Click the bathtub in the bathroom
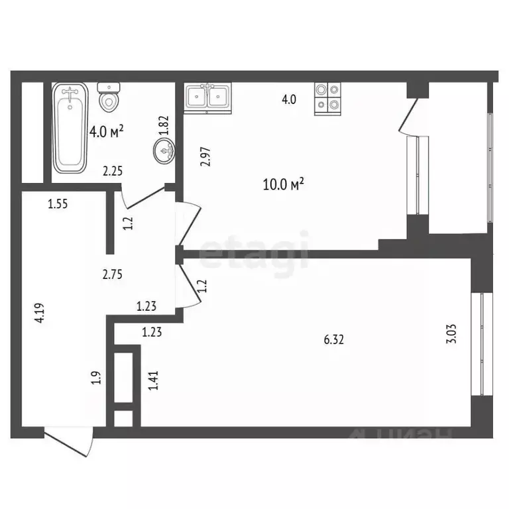click(x=70, y=128)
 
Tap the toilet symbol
click(x=109, y=97)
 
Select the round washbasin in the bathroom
click(x=164, y=150)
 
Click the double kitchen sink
click(x=207, y=97)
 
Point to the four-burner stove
click(x=327, y=99)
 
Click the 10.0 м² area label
click(x=283, y=184)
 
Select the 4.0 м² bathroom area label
click(x=106, y=131)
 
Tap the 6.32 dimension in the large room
click(x=334, y=339)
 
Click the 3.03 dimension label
click(x=451, y=333)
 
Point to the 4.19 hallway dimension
click(x=39, y=313)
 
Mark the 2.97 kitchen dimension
click(x=205, y=157)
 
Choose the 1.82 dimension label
click(x=164, y=125)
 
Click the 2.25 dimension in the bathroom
click(x=113, y=171)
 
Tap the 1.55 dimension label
click(x=58, y=204)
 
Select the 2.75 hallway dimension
click(x=112, y=274)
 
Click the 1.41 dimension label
click(x=153, y=380)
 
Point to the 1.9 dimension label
click(x=96, y=378)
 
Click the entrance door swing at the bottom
click(x=69, y=442)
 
